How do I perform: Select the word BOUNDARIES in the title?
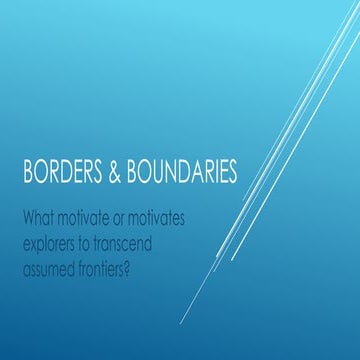[184, 174]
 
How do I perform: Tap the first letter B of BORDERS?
[28, 174]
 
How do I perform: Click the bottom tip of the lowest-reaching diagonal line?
[181, 324]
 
